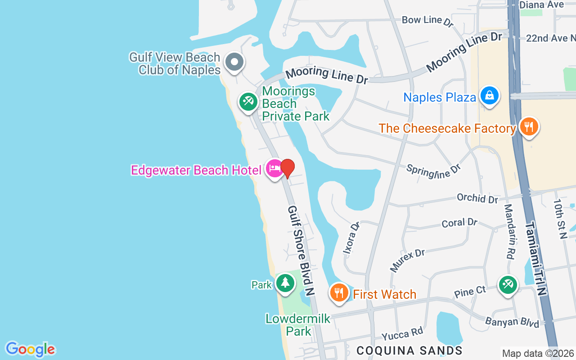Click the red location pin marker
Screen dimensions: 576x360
(x=288, y=168)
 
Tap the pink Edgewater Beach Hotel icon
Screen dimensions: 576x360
(x=274, y=169)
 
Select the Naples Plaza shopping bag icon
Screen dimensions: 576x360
(x=489, y=96)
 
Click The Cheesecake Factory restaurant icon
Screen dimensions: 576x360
(x=529, y=127)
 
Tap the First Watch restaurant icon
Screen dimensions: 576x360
(x=339, y=293)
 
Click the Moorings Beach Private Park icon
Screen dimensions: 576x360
(x=247, y=102)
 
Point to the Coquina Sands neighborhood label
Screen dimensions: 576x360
(x=409, y=351)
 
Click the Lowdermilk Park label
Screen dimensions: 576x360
(x=298, y=325)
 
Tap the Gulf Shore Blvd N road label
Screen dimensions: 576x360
(x=301, y=250)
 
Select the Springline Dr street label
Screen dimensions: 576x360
(x=433, y=171)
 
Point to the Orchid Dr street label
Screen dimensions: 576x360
(x=477, y=198)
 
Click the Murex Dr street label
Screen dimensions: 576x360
(x=407, y=261)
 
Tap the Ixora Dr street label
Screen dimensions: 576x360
(x=351, y=238)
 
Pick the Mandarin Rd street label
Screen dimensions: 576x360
(x=509, y=231)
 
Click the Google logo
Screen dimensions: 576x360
(x=30, y=349)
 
